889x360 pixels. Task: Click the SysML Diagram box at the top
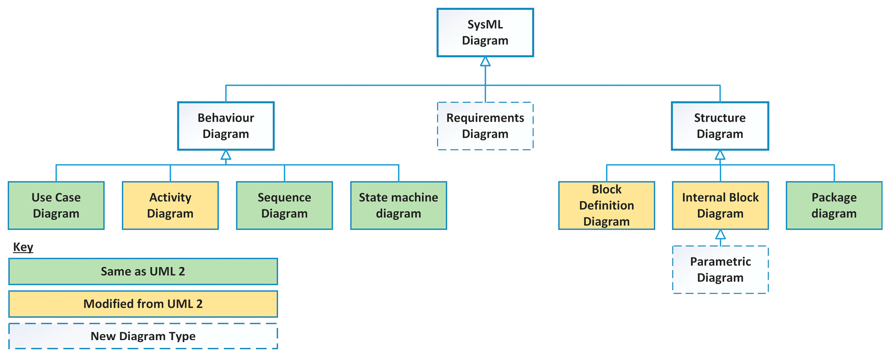(x=485, y=32)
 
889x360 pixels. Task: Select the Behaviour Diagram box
(x=226, y=126)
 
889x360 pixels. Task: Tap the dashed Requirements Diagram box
(x=485, y=126)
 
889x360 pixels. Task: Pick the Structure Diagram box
(x=720, y=126)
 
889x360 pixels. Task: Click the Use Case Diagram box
(x=56, y=205)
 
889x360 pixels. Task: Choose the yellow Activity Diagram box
(x=170, y=205)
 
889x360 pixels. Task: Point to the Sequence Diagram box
(x=284, y=205)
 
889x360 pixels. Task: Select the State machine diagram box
(x=398, y=205)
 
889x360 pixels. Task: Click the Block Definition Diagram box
(x=606, y=205)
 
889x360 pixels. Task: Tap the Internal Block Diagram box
(x=720, y=205)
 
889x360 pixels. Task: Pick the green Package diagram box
(x=834, y=205)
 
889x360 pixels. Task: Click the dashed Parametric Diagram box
(x=720, y=269)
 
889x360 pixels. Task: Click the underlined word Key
(x=23, y=247)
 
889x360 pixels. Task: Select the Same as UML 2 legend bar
(x=143, y=271)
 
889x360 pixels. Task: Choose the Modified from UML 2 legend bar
(x=143, y=304)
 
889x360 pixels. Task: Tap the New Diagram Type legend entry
(x=143, y=336)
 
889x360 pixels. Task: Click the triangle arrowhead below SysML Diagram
(x=485, y=62)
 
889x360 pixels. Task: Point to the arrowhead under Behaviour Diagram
(x=226, y=155)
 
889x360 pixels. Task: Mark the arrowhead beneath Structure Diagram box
(x=720, y=155)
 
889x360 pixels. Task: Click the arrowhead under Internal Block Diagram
(x=720, y=234)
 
